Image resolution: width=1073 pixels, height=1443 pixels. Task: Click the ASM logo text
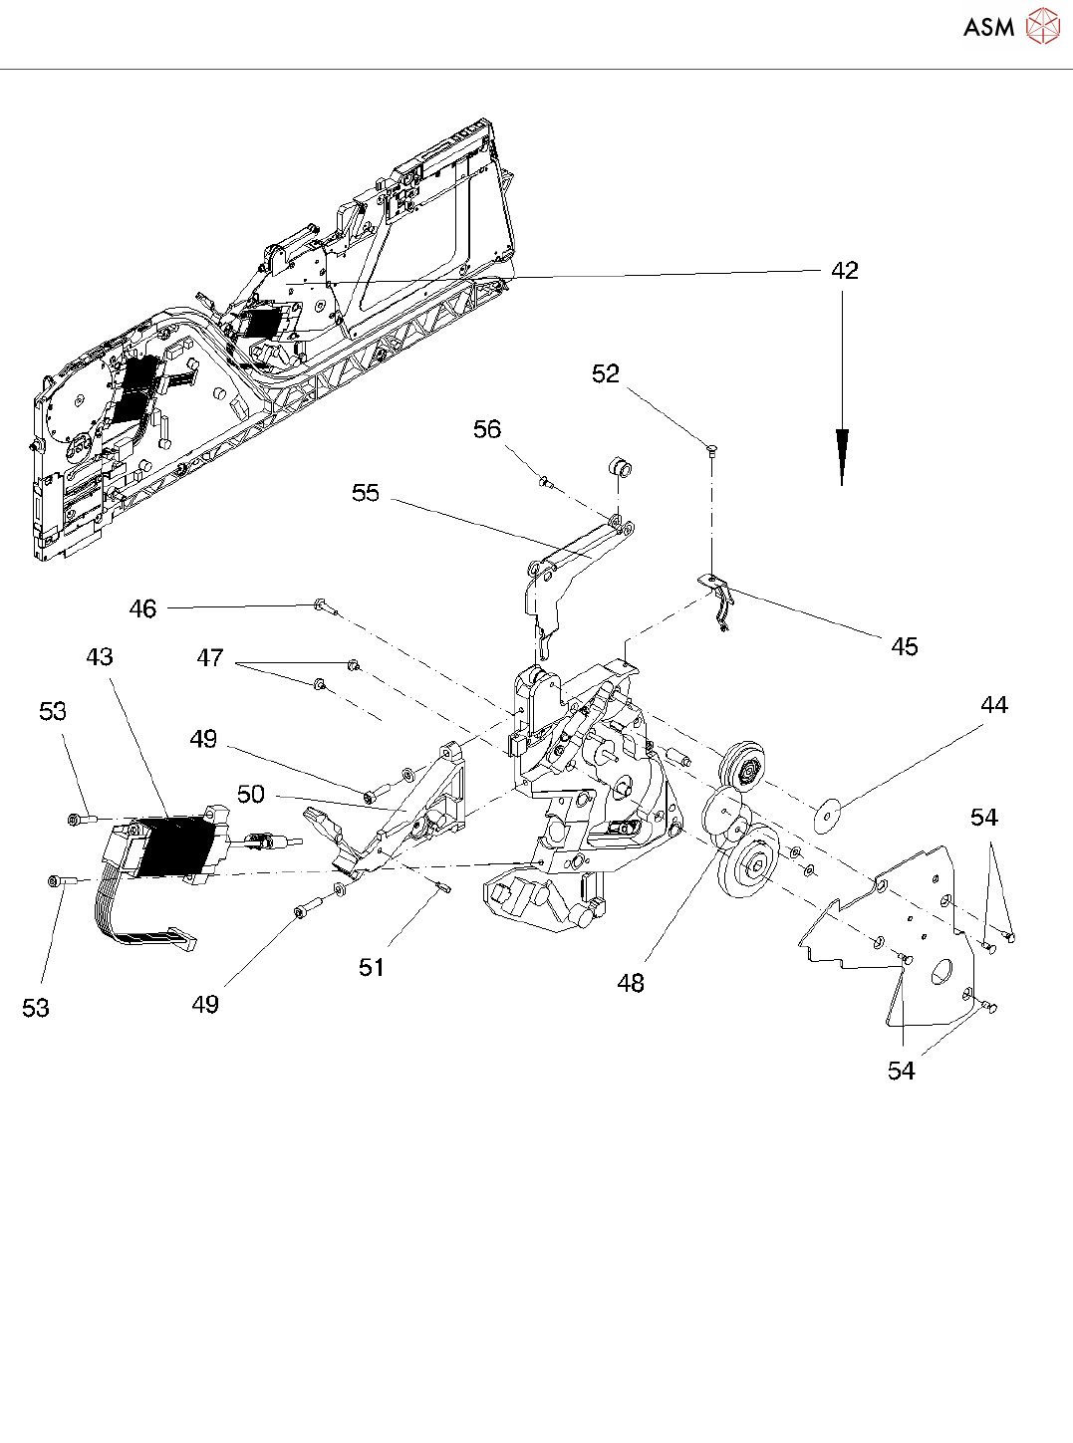988,27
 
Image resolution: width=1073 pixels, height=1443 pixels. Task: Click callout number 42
845,271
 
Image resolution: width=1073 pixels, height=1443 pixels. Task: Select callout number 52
606,373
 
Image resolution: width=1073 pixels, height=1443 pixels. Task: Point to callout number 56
487,429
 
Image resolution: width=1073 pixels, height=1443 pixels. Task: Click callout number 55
366,493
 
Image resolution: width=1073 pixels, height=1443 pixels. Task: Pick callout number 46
143,608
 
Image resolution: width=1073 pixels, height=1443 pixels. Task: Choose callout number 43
100,657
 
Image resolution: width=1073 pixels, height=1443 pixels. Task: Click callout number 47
210,658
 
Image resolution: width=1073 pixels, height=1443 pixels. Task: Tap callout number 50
251,794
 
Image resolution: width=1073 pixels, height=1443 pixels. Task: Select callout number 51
372,967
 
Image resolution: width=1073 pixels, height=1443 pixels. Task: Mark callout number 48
631,984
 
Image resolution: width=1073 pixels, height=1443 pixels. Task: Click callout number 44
994,705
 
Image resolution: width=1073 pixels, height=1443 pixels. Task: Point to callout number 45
905,647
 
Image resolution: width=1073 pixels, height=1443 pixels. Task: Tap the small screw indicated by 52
711,450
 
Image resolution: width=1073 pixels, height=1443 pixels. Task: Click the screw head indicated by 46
320,603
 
